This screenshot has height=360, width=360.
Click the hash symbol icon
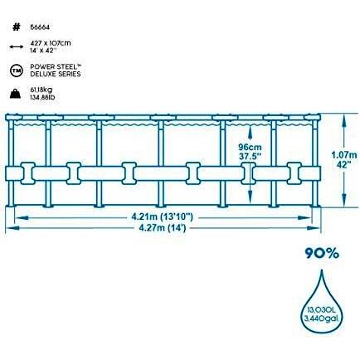pos(17,27)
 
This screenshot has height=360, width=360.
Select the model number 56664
pos(40,27)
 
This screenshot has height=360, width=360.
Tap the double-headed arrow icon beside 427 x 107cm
pos(17,46)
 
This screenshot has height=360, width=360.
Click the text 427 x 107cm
pos(51,43)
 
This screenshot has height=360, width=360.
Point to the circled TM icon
pos(16,71)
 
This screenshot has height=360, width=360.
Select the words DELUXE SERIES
pos(56,74)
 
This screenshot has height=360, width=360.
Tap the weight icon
pos(16,94)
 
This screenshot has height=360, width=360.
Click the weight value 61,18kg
pos(41,90)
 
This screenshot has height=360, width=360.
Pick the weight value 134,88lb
pos(45,97)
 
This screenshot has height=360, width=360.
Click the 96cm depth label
pos(250,148)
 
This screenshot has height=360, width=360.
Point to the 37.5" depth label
pos(251,157)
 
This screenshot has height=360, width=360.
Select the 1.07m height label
pos(344,155)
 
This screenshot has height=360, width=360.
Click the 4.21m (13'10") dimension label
pos(162,217)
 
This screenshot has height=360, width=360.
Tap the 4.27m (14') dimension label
pos(163,228)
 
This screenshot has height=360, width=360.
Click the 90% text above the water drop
pos(322,253)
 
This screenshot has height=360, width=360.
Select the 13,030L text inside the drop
pos(321,311)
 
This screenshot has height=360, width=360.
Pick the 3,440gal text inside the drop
pos(322,319)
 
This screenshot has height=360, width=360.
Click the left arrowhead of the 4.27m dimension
pos(12,228)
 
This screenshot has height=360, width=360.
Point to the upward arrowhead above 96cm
pos(250,132)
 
